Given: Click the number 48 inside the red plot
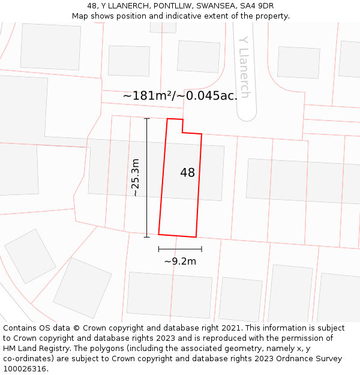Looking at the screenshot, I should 187,173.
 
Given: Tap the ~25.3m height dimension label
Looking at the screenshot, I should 136,178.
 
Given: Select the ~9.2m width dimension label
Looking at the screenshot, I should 180,261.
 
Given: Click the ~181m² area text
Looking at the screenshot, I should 148,95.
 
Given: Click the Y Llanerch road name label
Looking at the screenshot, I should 244,67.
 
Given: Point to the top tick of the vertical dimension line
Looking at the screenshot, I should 146,118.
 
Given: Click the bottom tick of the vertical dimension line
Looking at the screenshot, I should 146,237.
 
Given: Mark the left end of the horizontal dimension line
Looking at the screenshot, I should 158,249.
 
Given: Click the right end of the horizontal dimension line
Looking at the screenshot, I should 202,249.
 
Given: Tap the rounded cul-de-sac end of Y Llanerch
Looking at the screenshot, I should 246,113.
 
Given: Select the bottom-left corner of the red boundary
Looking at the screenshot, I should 158,234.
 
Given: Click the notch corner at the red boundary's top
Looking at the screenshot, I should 182,132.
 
